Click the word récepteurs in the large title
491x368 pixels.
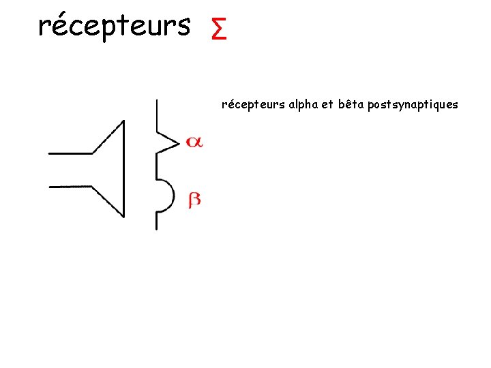coord(114,26)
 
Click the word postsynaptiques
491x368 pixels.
coord(413,105)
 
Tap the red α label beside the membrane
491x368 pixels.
coord(194,142)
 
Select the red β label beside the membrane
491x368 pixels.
coord(194,200)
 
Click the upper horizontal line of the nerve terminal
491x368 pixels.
coord(71,153)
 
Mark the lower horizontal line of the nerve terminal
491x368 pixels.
coord(71,185)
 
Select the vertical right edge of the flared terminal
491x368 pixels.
coord(124,169)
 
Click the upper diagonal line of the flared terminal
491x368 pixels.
coord(108,137)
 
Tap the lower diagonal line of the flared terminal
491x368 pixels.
coord(108,201)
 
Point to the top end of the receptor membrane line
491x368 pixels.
coord(157,101)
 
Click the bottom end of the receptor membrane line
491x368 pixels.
coord(157,228)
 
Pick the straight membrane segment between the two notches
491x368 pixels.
coord(157,167)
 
